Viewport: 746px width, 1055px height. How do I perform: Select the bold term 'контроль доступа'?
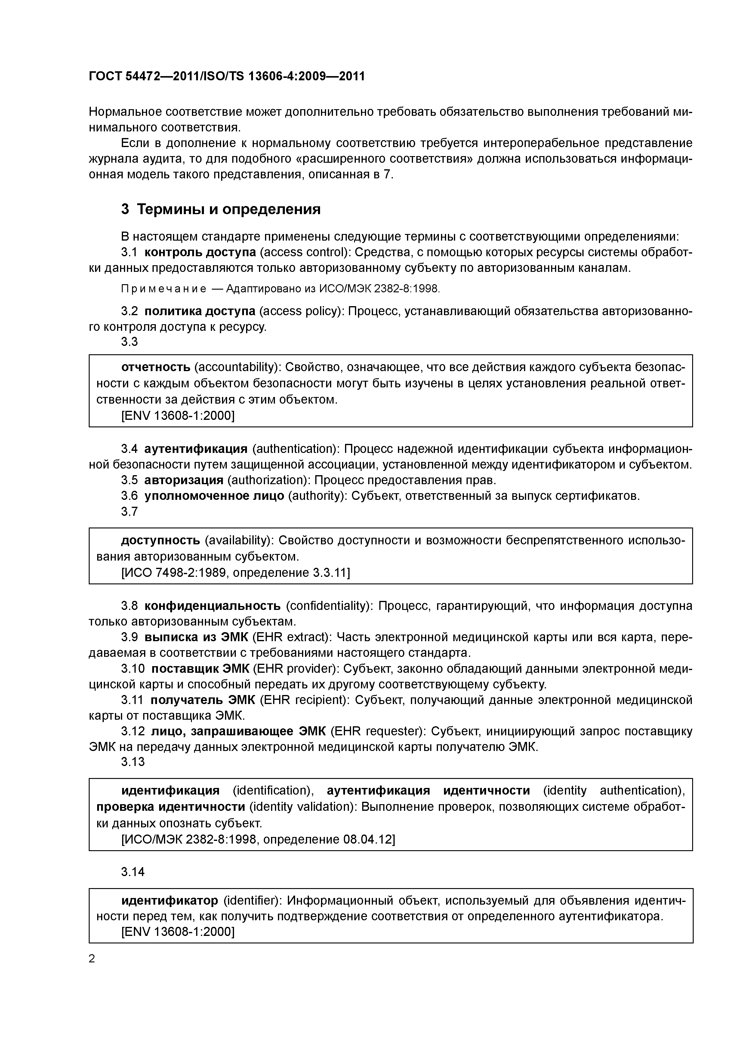[x=200, y=252]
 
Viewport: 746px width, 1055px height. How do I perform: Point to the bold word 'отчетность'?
[x=156, y=367]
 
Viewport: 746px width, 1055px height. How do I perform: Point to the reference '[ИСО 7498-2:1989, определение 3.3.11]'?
[x=235, y=573]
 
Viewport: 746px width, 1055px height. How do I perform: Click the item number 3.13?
[x=133, y=762]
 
